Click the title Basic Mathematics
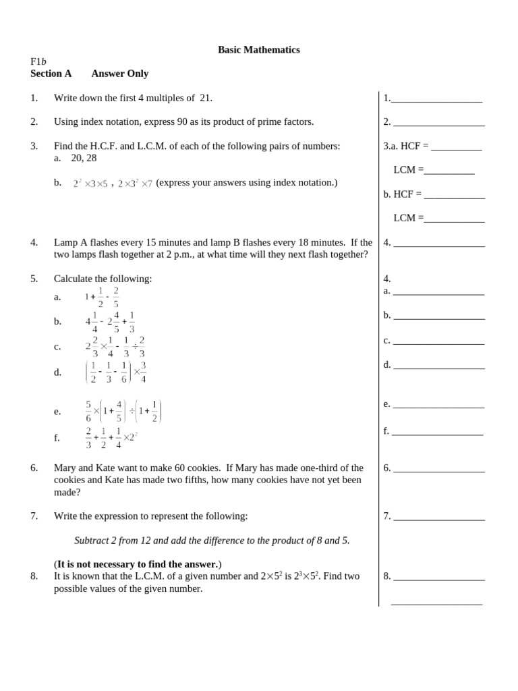[x=258, y=50]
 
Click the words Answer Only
[x=120, y=74]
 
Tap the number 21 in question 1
[x=205, y=98]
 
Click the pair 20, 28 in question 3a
[x=84, y=158]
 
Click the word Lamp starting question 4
[x=66, y=242]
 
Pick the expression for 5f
[x=112, y=438]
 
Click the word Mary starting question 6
[x=66, y=468]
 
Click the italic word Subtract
[x=92, y=541]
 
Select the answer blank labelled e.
[x=438, y=406]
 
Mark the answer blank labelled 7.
[x=438, y=518]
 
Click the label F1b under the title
[x=38, y=61]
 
